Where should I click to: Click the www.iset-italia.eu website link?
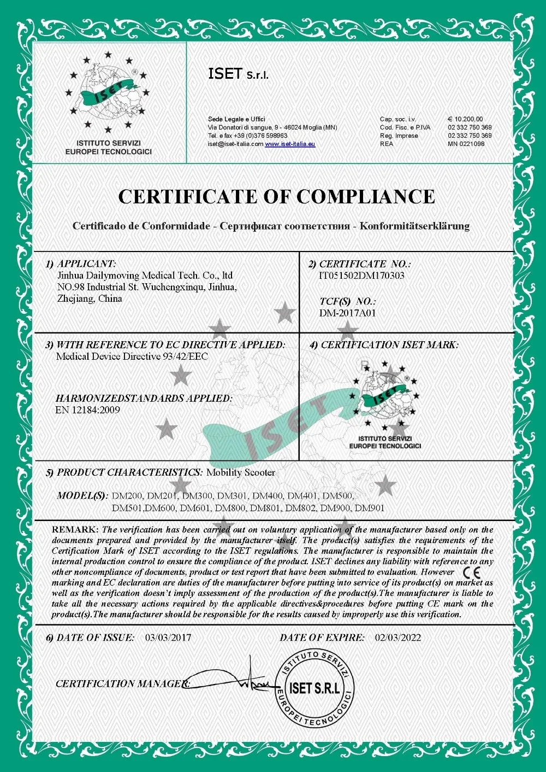point(290,144)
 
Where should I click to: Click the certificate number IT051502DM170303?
point(361,276)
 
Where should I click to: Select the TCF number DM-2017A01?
point(347,313)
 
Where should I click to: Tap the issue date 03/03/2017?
point(168,638)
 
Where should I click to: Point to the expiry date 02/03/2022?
point(397,638)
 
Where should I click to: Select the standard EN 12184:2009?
point(87,410)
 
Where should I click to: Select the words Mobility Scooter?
point(241,472)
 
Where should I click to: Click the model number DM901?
point(370,508)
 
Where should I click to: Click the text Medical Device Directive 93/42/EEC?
point(132,356)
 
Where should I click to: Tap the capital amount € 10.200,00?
point(465,119)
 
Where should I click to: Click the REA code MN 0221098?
point(466,144)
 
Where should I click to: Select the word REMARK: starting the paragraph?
point(75,530)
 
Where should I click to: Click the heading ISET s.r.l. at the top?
point(238,74)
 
